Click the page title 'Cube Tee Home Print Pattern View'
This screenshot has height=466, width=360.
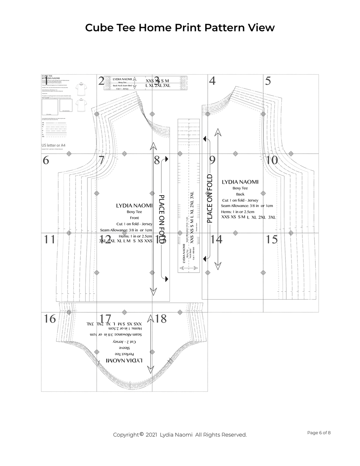pos(180,28)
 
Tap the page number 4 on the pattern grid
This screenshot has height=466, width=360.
pos(212,81)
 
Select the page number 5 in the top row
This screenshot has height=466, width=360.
pos(268,81)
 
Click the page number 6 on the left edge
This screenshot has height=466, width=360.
pos(46,160)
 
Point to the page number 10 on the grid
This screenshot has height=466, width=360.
pos(272,160)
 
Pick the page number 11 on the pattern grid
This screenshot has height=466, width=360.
pos(49,239)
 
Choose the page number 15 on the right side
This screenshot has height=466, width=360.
pos(272,239)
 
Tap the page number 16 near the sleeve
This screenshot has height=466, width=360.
pos(50,319)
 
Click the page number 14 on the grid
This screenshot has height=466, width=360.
pos(216,239)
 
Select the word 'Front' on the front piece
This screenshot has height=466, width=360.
pos(134,218)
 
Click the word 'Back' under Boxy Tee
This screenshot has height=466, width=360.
pos(240,194)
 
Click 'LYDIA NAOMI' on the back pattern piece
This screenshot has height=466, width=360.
pos(240,182)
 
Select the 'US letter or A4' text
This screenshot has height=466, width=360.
pos(53,145)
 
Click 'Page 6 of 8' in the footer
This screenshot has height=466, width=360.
pos(319,433)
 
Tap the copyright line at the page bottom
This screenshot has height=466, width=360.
pos(180,435)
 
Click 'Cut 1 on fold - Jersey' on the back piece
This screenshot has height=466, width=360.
pos(240,200)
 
